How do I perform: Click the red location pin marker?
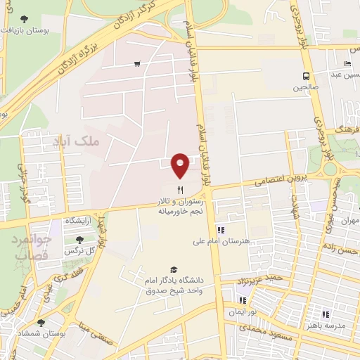pyautogui.click(x=181, y=165)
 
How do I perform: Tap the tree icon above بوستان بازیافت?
pyautogui.click(x=25, y=19)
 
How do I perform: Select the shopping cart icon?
pyautogui.click(x=136, y=64)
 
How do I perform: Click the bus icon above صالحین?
pyautogui.click(x=307, y=77)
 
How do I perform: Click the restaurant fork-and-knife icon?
pyautogui.click(x=181, y=189)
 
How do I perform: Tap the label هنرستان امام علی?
pyautogui.click(x=221, y=241)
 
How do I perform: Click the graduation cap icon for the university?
pyautogui.click(x=173, y=269)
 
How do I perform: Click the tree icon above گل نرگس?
pyautogui.click(x=89, y=240)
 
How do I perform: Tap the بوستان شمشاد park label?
pyautogui.click(x=39, y=335)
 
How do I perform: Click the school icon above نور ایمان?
pyautogui.click(x=243, y=300)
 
